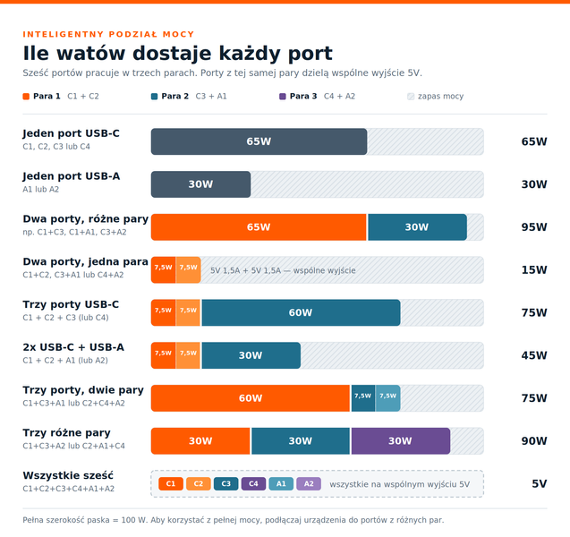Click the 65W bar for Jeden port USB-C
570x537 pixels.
coord(259,141)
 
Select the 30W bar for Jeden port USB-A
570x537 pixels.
coord(200,184)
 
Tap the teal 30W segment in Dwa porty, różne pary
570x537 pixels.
coord(417,227)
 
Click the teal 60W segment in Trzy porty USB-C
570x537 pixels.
coord(301,312)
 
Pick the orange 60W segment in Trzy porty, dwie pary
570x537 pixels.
coord(251,398)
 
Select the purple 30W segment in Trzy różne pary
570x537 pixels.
coord(401,441)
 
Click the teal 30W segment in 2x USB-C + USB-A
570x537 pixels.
coord(251,355)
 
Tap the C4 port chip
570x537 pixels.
coord(253,484)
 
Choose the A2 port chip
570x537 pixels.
coord(309,484)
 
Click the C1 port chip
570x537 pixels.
coord(171,484)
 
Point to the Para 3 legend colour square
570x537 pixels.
coord(283,97)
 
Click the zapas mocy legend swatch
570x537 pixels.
coord(411,97)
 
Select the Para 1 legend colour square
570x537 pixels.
coord(26,97)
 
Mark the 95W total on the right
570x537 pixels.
coord(534,227)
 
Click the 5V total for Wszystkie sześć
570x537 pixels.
coord(540,484)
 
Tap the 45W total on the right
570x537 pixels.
coord(534,355)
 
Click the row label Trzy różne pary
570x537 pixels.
coord(66,433)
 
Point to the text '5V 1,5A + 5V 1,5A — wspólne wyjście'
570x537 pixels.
coord(283,270)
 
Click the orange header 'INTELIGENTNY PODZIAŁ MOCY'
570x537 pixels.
coord(108,34)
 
